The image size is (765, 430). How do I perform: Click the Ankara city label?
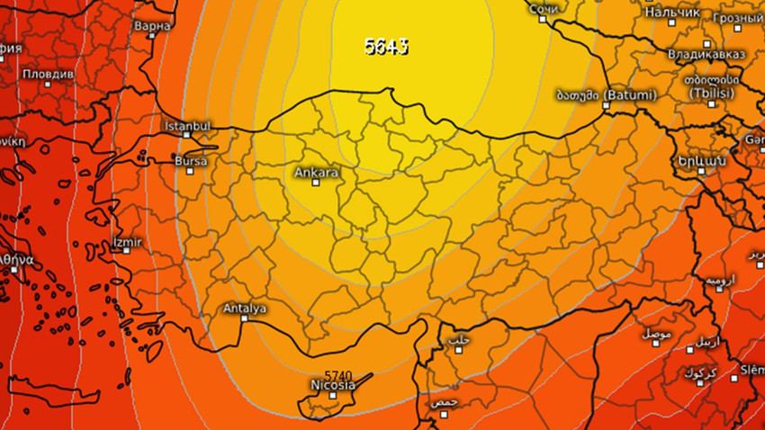click(316, 171)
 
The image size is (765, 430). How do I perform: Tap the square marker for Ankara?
click(316, 183)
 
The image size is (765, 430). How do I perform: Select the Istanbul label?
click(188, 126)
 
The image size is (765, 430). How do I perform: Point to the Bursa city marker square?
click(189, 171)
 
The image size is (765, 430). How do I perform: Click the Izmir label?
click(126, 242)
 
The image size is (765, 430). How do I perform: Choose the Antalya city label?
click(244, 309)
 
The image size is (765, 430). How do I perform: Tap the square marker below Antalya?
click(245, 320)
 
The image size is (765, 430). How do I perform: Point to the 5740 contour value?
click(337, 375)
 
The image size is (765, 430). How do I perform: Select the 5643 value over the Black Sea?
click(386, 46)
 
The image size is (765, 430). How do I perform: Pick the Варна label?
click(151, 26)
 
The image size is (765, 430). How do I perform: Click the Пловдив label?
click(48, 73)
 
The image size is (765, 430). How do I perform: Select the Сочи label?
click(544, 9)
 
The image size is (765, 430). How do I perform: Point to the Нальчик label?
click(671, 13)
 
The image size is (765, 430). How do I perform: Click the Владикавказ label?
click(706, 54)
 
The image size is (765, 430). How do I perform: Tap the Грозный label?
click(737, 17)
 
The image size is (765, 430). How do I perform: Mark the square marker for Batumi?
click(606, 105)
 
